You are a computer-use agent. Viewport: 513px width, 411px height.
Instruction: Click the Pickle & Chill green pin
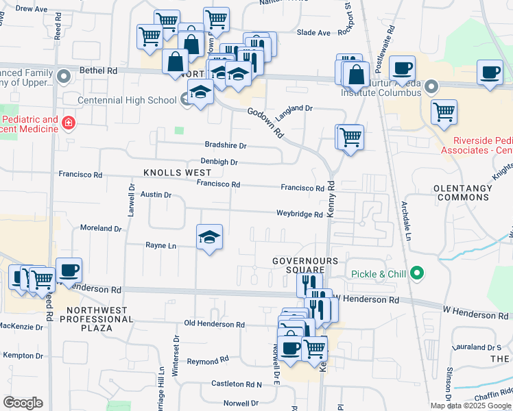[416, 274]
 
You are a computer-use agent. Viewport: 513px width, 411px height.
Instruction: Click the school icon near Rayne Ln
[210, 238]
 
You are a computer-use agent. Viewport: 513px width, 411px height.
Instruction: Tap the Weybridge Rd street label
[299, 214]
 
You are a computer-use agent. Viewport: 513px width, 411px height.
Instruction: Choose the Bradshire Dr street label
[225, 145]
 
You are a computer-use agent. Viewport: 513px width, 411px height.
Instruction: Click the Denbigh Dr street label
[219, 162]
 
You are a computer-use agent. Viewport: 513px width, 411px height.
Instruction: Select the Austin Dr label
[156, 195]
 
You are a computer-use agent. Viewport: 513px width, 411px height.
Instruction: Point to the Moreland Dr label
[101, 227]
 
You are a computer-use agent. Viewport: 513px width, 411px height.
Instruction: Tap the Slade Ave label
[314, 32]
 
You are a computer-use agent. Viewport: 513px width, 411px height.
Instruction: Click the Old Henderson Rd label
[215, 324]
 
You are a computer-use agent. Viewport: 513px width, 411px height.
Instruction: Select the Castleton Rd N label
[237, 384]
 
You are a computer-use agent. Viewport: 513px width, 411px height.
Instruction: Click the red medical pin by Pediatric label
[68, 124]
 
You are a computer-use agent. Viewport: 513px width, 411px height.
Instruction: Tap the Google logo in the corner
[23, 403]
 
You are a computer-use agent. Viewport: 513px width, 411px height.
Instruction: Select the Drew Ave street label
[31, 10]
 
